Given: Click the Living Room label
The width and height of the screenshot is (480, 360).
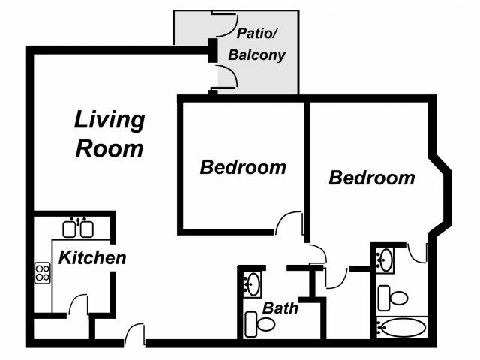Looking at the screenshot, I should coord(109,133).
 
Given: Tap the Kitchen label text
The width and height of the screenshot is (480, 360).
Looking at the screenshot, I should coord(92,258).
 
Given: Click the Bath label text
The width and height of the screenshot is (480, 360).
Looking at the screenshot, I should coord(280,307).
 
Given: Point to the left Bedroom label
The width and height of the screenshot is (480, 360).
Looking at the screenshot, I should coord(243,167).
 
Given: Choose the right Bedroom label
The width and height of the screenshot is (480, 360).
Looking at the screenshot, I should coord(371,178).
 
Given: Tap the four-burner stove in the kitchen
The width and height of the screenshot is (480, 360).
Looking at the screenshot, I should coord(43,271).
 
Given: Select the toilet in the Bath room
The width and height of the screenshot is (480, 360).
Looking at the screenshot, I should coord(262,325).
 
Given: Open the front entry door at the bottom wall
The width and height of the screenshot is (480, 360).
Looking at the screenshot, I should coord(135,335).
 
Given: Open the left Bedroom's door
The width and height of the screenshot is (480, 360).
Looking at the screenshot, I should coord(289,223).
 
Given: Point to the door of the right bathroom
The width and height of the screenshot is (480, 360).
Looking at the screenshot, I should coord(416,251).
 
